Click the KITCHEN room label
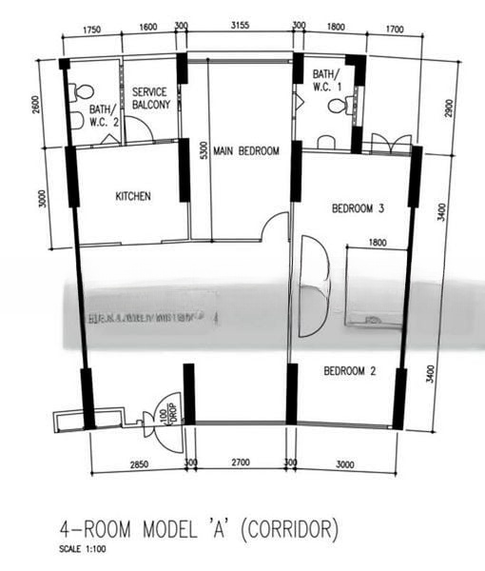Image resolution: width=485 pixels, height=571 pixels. (x=133, y=197)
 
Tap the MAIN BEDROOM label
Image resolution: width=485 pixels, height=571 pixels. (x=245, y=151)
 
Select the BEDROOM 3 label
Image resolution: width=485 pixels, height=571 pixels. (x=358, y=208)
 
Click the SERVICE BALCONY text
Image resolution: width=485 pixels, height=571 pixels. (x=151, y=98)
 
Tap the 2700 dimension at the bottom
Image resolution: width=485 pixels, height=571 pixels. (x=240, y=463)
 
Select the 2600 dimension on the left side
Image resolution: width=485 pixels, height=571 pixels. (x=37, y=105)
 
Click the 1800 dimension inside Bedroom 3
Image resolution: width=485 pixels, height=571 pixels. (x=377, y=244)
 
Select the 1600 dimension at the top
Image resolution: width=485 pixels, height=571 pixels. (x=147, y=28)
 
